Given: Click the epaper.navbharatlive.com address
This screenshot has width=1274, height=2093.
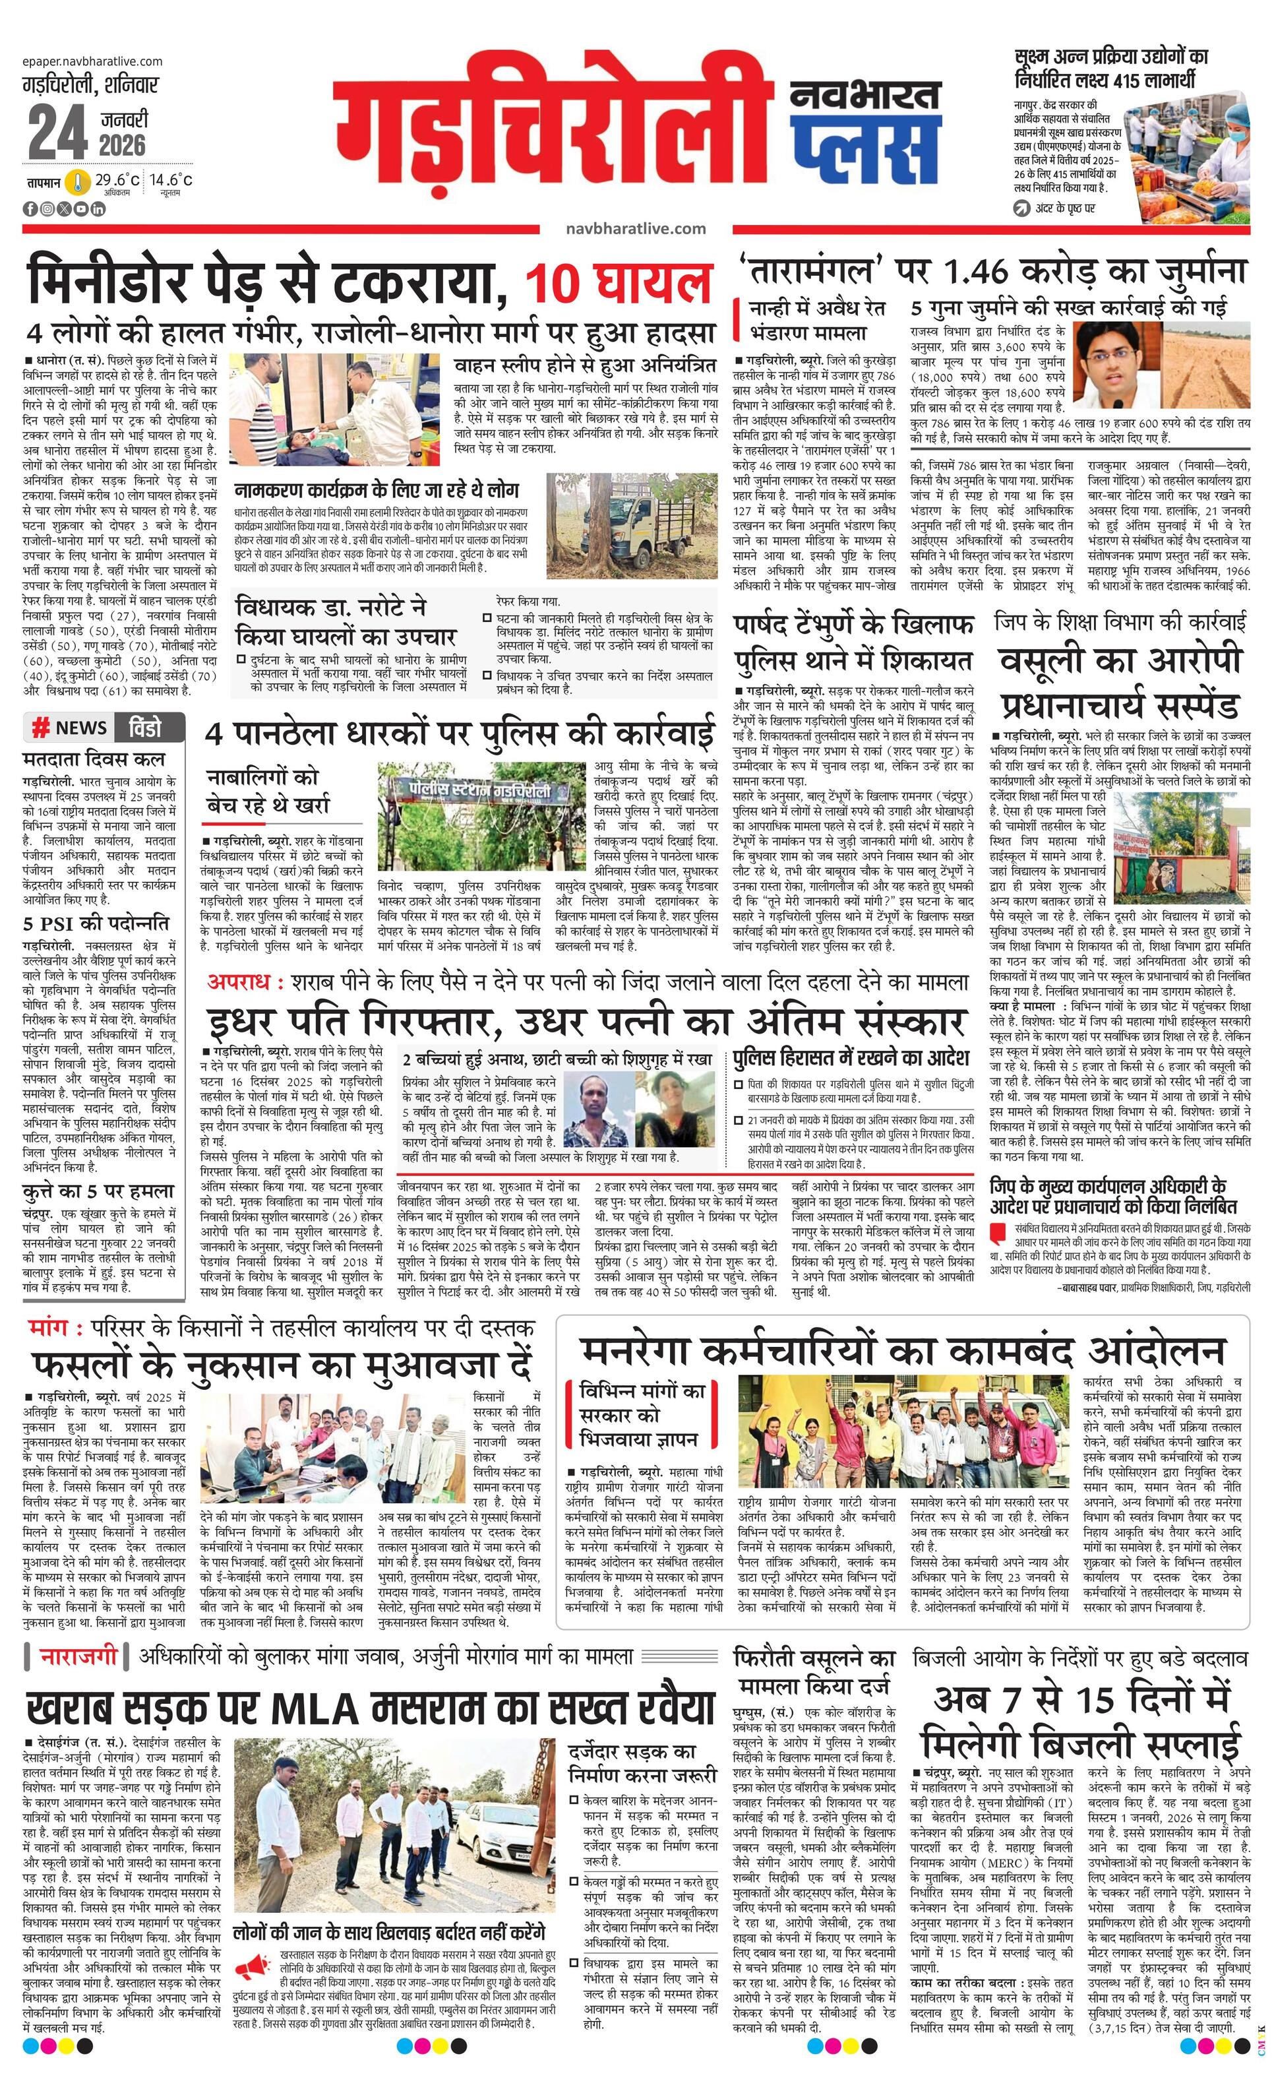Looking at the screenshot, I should [94, 61].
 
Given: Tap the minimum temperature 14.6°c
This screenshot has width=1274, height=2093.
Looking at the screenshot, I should [171, 180].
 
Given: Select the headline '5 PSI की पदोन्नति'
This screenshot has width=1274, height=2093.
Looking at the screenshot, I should [96, 922].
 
